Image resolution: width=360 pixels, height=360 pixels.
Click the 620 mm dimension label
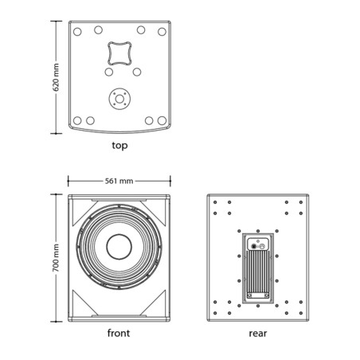point(56,77)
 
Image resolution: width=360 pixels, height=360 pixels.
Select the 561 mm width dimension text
point(119,181)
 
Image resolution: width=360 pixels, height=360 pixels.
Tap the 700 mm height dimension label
point(56,257)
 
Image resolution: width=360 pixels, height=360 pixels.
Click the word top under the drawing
point(119,146)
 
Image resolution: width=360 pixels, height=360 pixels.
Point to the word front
point(119,333)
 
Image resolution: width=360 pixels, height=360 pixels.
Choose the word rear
point(258,334)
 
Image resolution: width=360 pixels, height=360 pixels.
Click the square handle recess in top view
point(119,53)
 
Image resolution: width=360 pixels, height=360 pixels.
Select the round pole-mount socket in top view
point(119,99)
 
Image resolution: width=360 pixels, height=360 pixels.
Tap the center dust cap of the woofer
point(119,247)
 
